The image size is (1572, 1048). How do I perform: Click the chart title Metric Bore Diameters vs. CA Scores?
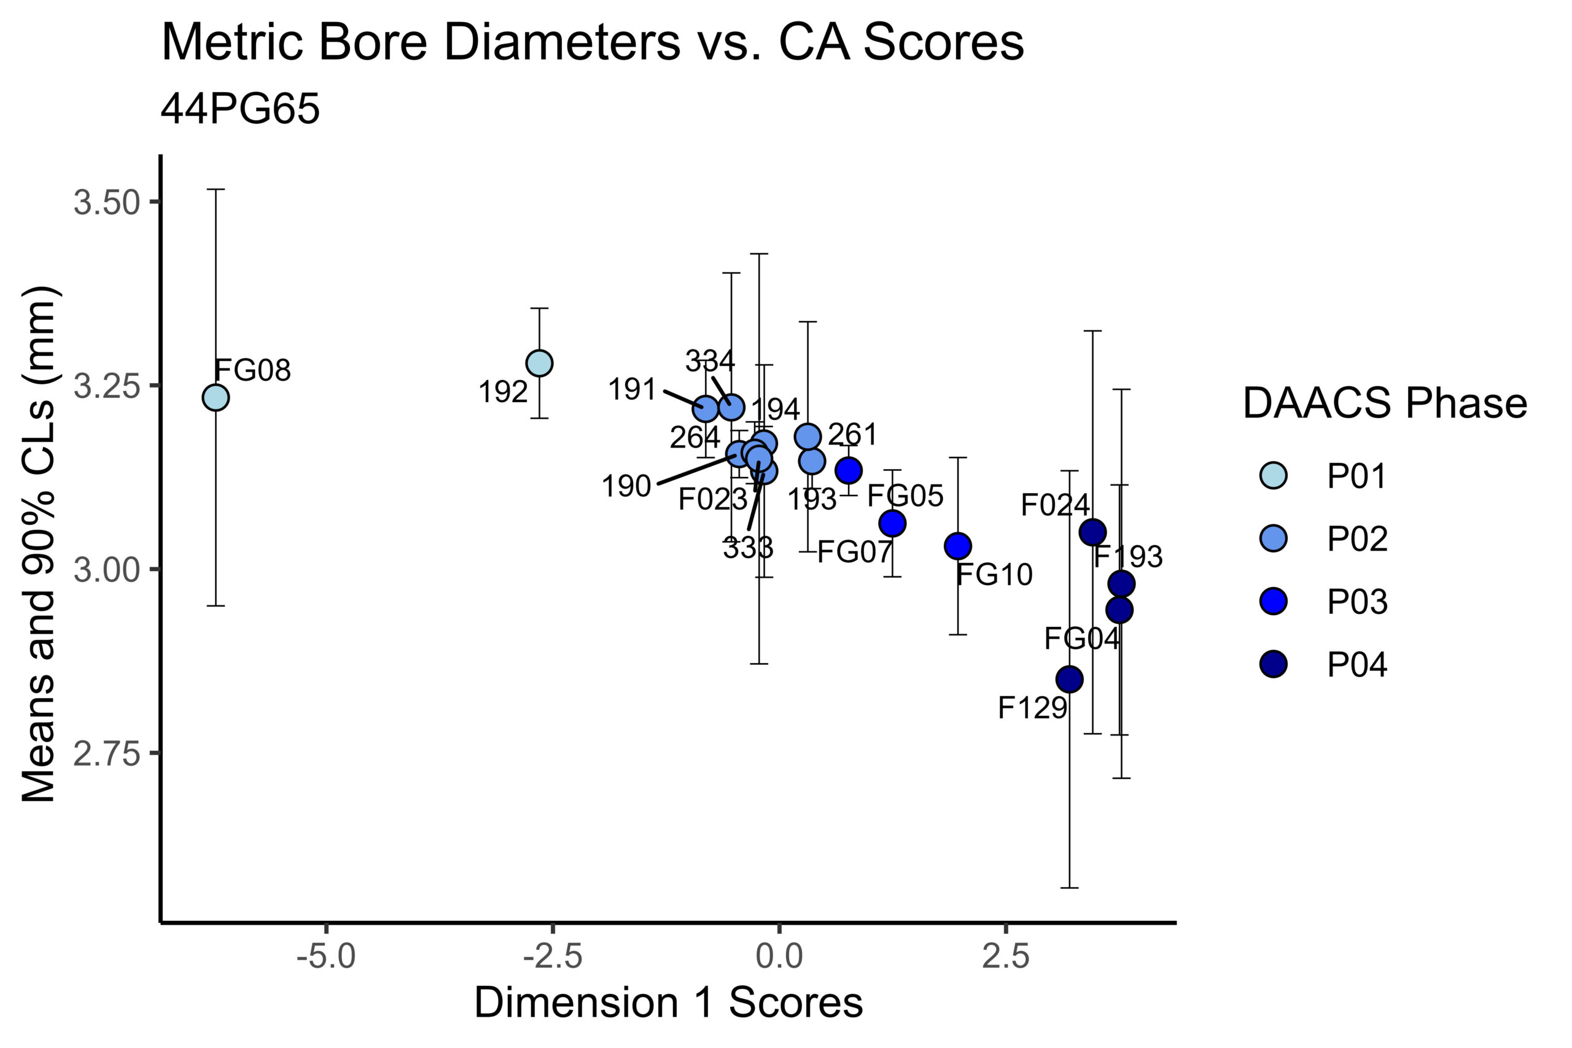point(592,43)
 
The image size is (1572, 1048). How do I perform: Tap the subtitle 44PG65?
point(240,109)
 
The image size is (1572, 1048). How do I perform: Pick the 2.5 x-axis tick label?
point(1005,957)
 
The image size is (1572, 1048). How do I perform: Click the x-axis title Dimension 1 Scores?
point(668,1003)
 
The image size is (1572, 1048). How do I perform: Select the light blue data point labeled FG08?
point(215,398)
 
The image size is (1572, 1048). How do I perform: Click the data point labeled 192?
point(539,363)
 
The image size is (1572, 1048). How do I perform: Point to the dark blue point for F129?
point(1069,680)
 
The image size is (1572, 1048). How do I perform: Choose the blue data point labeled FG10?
point(958,546)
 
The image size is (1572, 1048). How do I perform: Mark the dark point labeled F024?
point(1092,533)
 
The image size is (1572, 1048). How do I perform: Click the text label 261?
point(852,435)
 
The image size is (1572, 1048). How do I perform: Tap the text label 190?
point(626,487)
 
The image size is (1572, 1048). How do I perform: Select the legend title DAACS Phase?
point(1385,404)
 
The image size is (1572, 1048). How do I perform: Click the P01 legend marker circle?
point(1274,476)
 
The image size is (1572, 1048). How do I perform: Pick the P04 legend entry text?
point(1358,664)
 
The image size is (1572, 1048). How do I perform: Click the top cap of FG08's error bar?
point(215,190)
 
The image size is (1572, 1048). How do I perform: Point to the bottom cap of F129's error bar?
point(1069,888)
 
